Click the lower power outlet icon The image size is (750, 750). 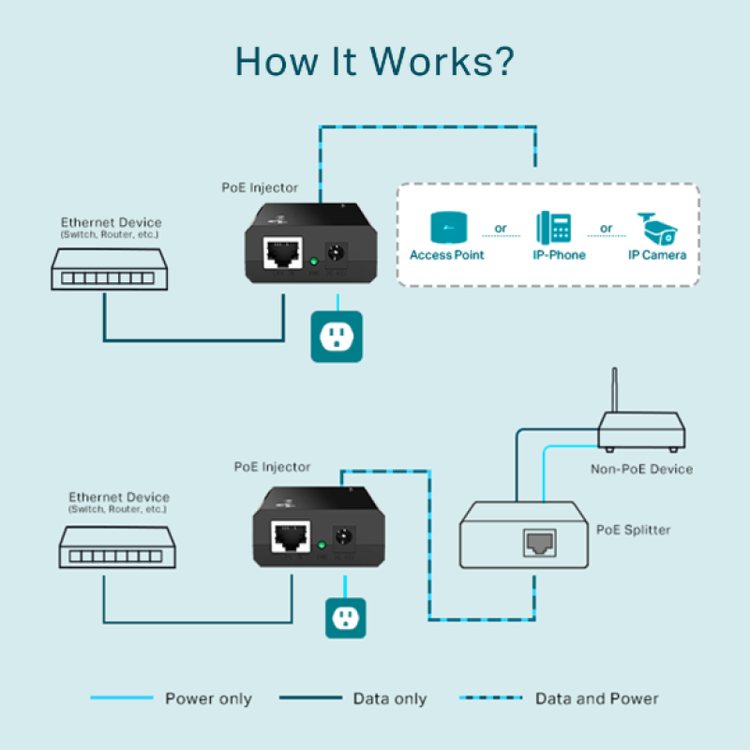345,618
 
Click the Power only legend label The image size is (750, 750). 208,698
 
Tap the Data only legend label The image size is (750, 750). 389,698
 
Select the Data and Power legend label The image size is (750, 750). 596,698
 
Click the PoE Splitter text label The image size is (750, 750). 633,530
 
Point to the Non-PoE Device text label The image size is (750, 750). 641,469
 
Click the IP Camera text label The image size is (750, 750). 657,255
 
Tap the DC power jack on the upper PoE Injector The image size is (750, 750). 334,255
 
